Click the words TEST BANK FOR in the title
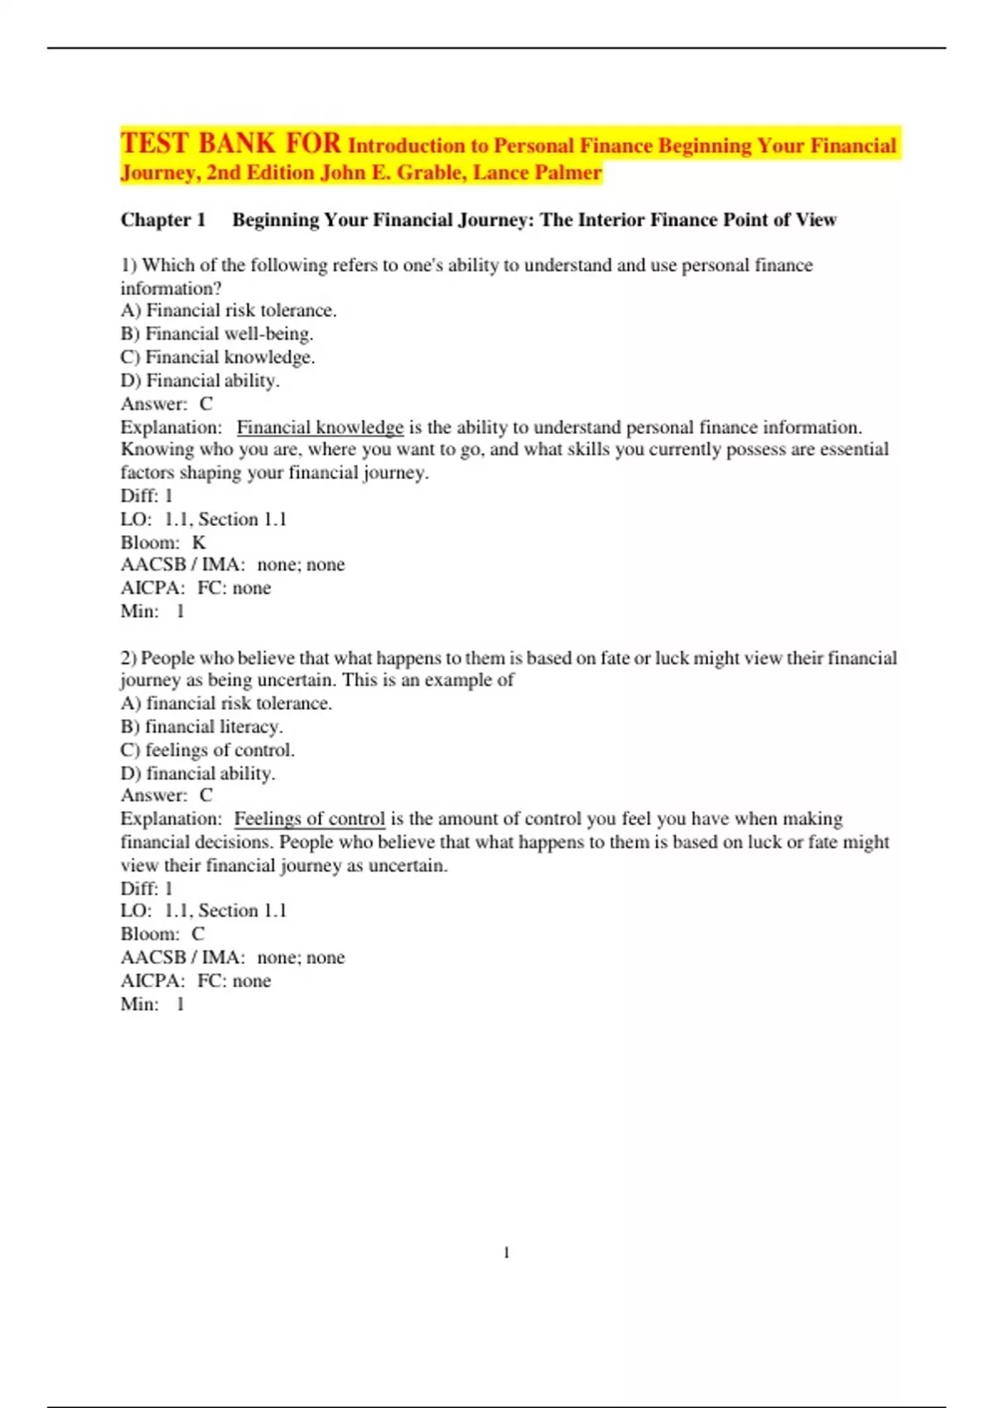[230, 144]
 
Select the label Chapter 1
[163, 219]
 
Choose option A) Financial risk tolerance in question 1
[229, 311]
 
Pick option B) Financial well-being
[217, 334]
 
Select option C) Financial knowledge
[218, 357]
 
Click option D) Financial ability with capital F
[200, 380]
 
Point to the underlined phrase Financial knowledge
[320, 427]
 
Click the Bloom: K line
[163, 542]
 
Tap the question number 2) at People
[128, 658]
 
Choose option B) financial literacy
[202, 726]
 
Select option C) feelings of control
[208, 750]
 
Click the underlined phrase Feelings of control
[310, 819]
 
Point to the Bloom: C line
[162, 934]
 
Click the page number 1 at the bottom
[506, 1253]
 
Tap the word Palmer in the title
[567, 173]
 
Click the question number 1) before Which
[128, 265]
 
